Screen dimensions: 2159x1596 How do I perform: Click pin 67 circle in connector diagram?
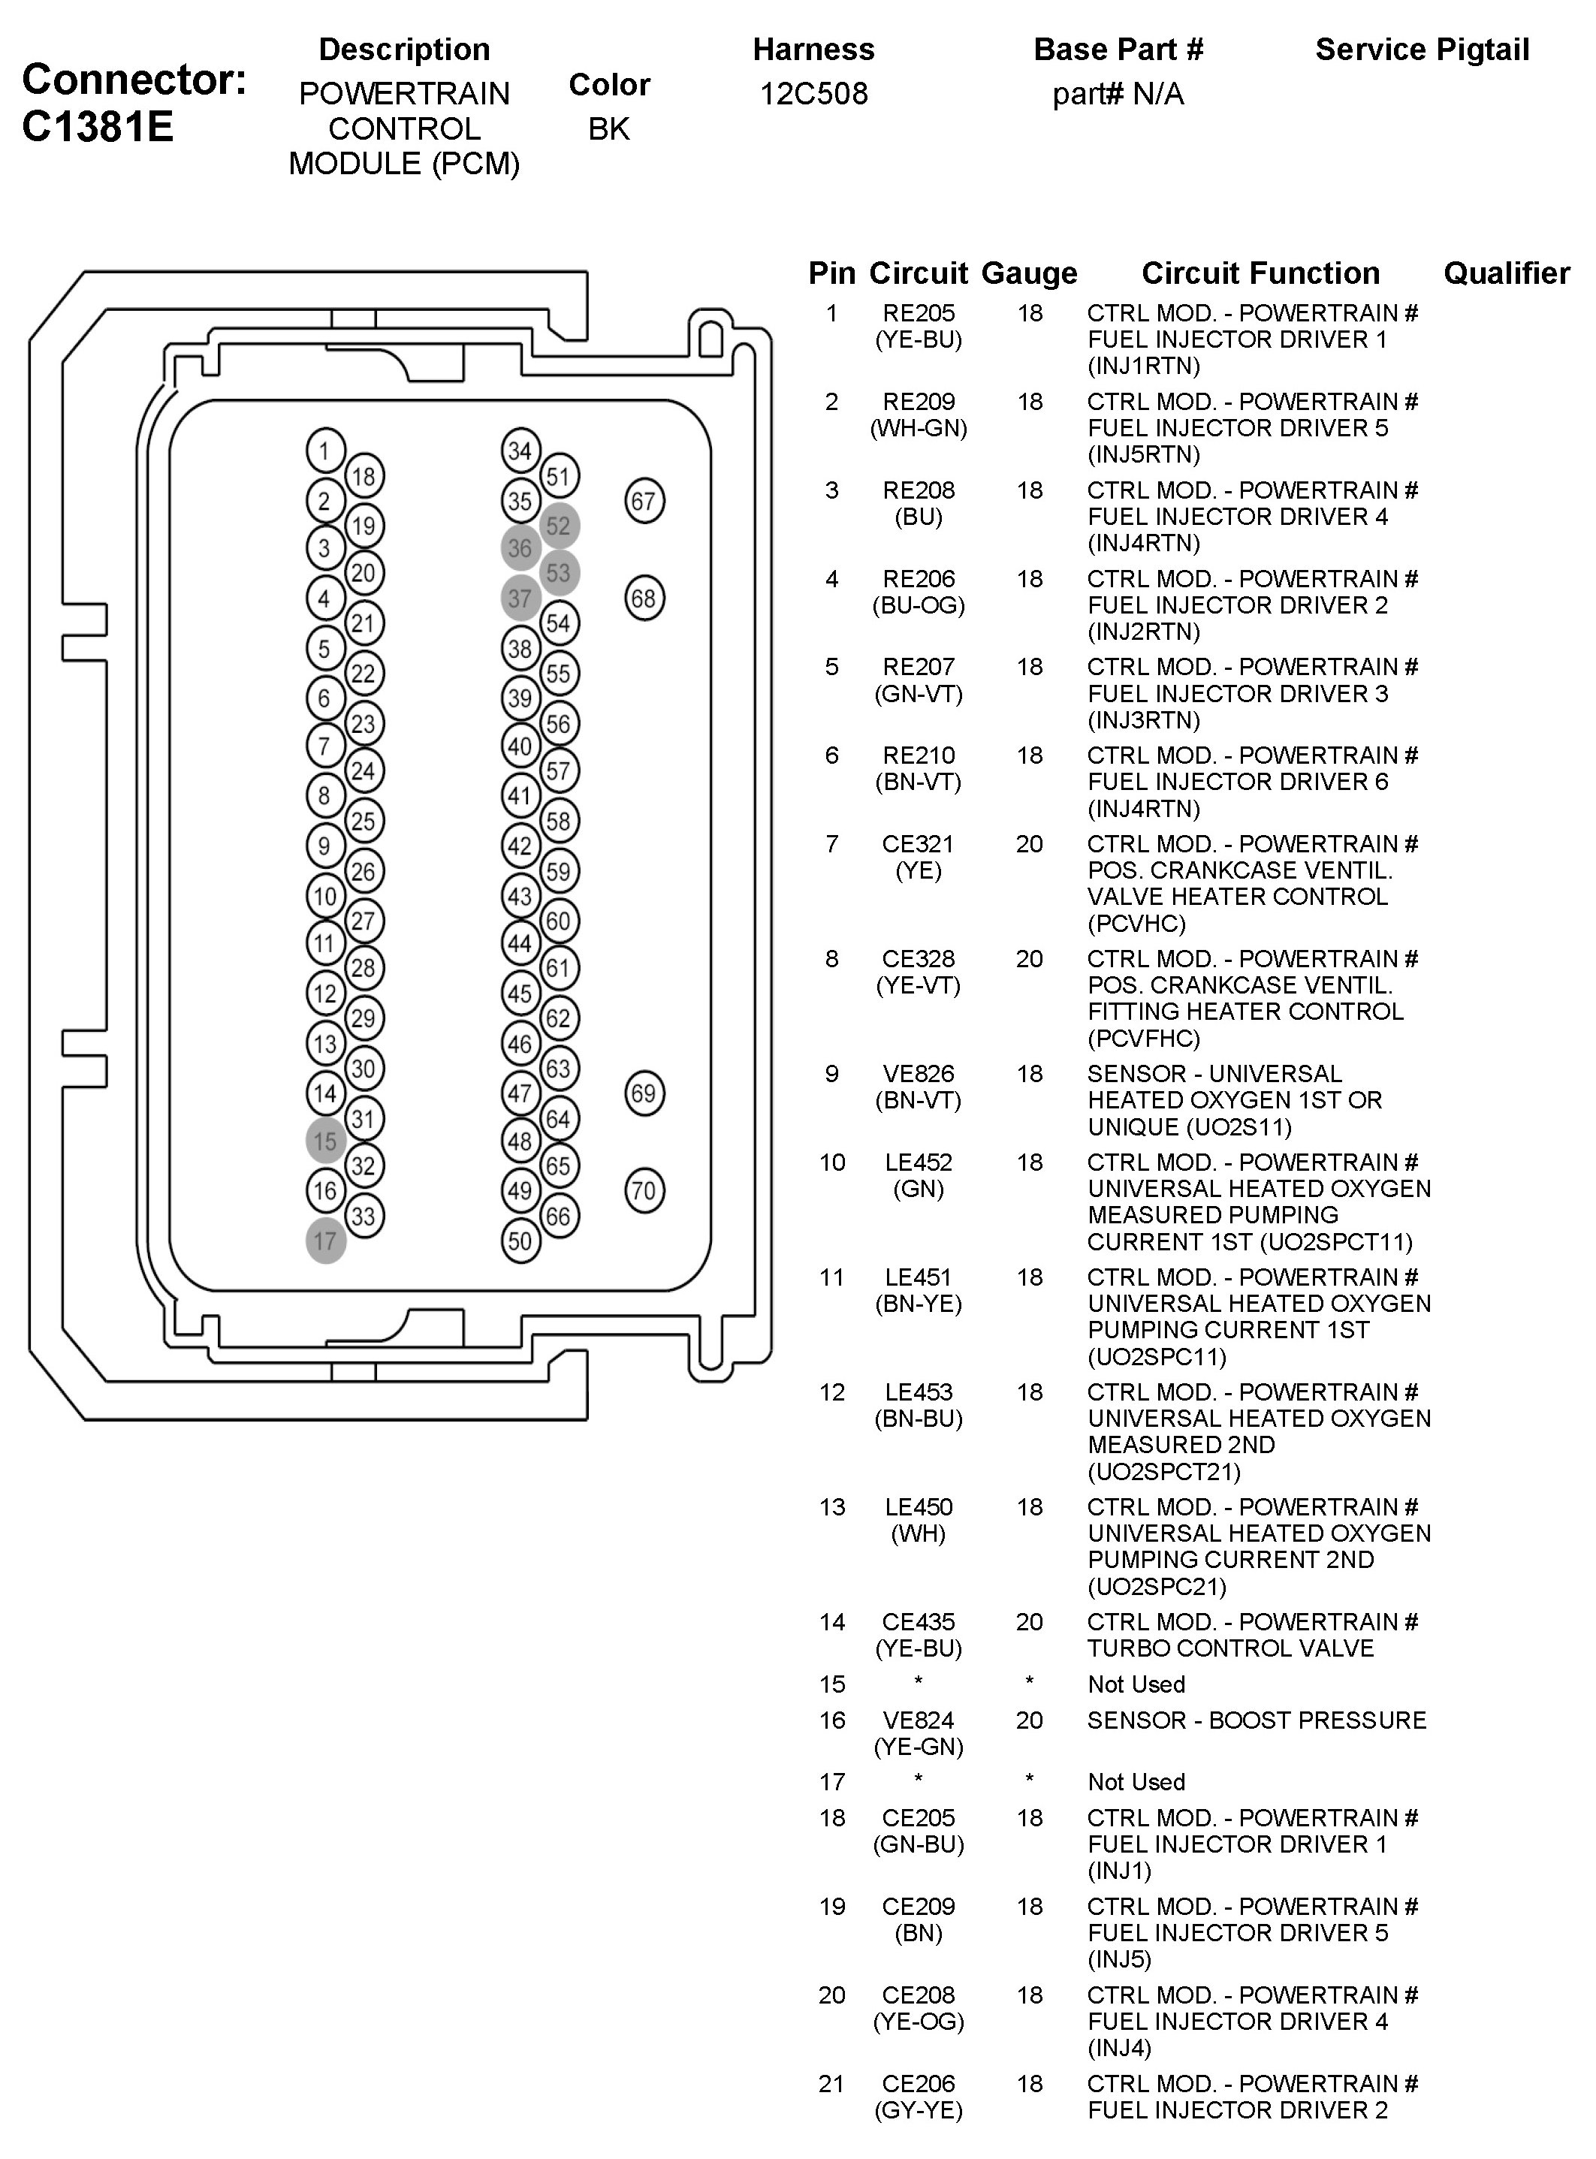point(644,502)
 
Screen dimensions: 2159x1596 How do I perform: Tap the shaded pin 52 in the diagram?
point(558,526)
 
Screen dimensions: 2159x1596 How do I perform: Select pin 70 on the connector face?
point(644,1190)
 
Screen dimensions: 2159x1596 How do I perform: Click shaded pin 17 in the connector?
point(325,1241)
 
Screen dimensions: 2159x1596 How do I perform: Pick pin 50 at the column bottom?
point(520,1241)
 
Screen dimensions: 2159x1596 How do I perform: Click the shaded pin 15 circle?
point(325,1141)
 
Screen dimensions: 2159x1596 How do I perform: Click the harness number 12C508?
point(813,94)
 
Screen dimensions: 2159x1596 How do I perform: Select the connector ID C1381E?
point(98,127)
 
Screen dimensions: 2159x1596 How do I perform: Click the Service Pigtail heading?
point(1422,50)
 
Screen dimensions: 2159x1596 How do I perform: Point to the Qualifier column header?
point(1506,273)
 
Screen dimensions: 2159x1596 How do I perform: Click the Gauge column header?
point(1029,273)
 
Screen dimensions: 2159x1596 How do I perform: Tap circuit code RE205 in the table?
point(918,313)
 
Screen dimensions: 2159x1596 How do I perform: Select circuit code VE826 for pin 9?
point(918,1073)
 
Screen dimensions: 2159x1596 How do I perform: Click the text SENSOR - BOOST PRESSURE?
point(1256,1720)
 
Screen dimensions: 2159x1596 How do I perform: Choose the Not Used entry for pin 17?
point(1136,1782)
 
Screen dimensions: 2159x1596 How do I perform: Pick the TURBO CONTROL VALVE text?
point(1229,1648)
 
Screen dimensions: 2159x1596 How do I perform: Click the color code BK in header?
point(608,128)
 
